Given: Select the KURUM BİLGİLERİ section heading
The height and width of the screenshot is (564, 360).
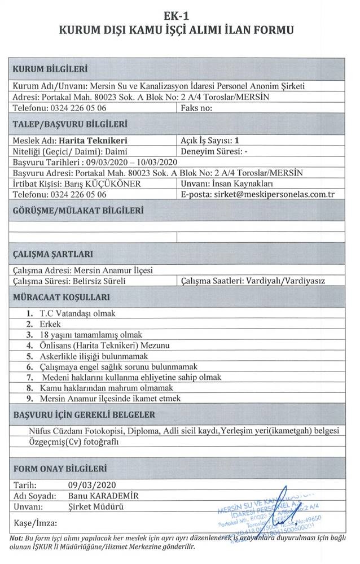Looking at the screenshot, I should coord(51,69).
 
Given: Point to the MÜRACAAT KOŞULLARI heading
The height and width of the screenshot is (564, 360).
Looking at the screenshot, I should coord(61,297).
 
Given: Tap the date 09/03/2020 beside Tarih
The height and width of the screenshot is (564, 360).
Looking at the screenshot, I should coord(92,484).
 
